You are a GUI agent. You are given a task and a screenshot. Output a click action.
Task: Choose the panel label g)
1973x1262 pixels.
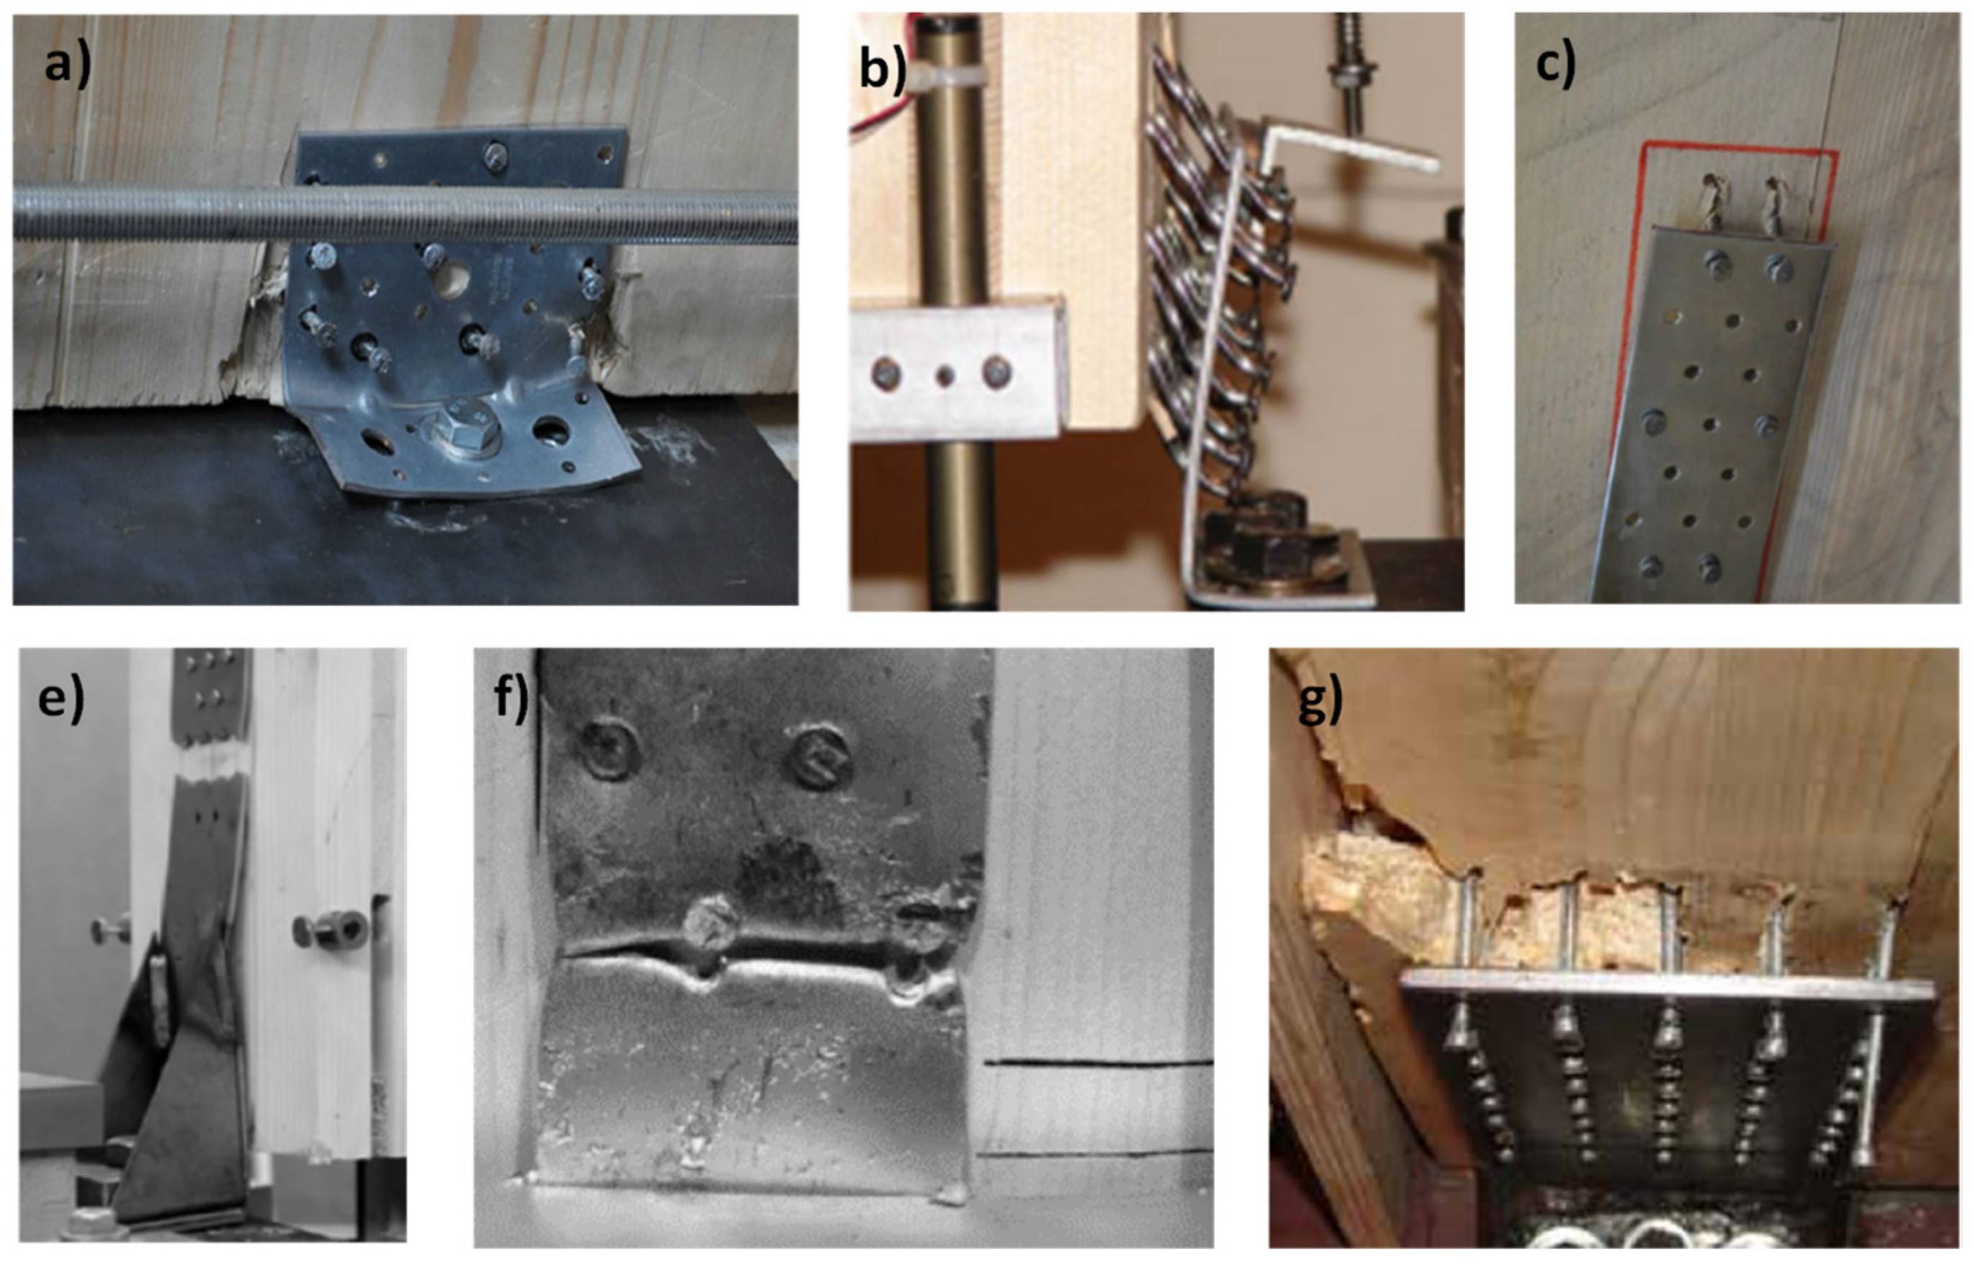(1321, 701)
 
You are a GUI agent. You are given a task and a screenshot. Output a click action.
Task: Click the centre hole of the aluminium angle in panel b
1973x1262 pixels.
(945, 375)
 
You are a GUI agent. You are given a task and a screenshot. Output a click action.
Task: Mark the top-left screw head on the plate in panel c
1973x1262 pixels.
(1717, 264)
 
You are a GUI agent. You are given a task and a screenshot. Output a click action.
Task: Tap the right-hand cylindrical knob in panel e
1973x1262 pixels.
(332, 929)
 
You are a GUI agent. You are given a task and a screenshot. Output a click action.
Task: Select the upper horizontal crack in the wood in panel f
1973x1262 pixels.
(1098, 1064)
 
